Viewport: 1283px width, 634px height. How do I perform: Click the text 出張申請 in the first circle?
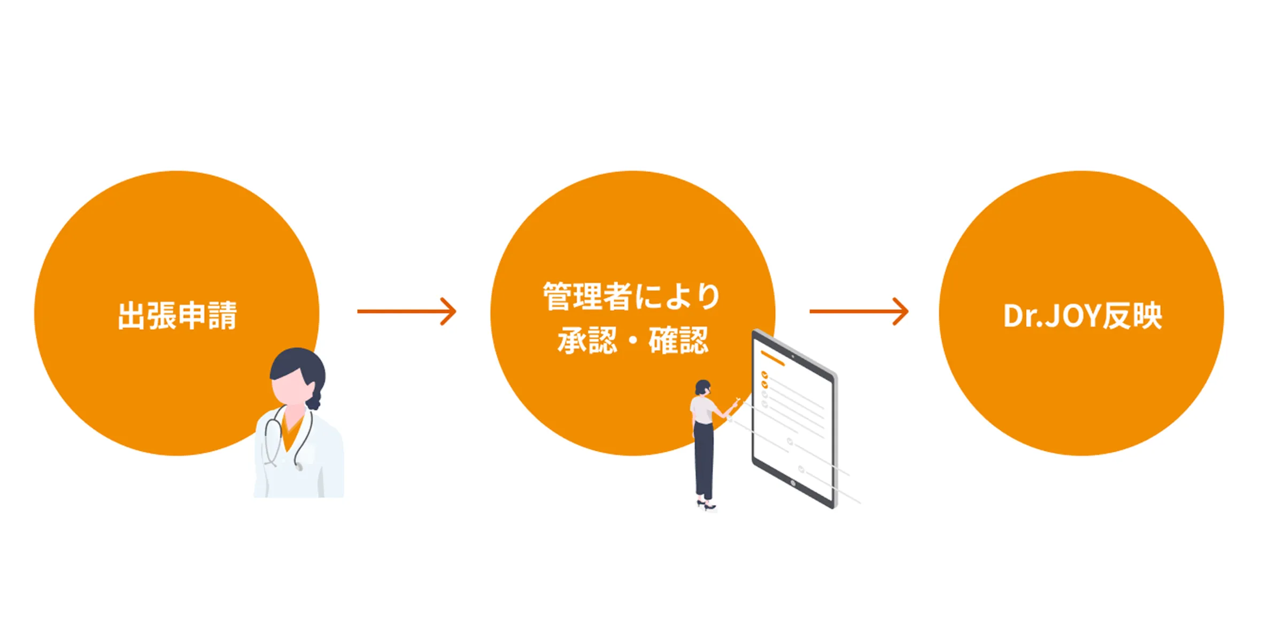(x=177, y=315)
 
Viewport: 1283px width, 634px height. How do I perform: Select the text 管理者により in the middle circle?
(x=632, y=296)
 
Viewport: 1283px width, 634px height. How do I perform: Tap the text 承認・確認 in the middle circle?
(x=633, y=341)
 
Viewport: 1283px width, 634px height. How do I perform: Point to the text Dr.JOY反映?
(x=1083, y=315)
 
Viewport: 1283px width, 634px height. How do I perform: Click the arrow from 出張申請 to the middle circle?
(x=407, y=311)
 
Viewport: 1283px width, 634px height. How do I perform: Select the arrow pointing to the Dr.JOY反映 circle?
(x=859, y=311)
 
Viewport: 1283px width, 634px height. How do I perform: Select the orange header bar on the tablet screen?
(x=772, y=358)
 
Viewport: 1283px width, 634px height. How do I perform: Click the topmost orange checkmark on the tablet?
(x=764, y=375)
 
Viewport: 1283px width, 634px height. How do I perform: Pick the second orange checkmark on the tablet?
(x=764, y=384)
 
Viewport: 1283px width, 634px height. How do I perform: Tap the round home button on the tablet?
(x=793, y=484)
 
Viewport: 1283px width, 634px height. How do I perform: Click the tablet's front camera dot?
(x=793, y=356)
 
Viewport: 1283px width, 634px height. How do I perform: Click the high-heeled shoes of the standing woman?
(x=706, y=505)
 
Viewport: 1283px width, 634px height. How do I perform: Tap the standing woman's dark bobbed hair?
(x=702, y=386)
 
